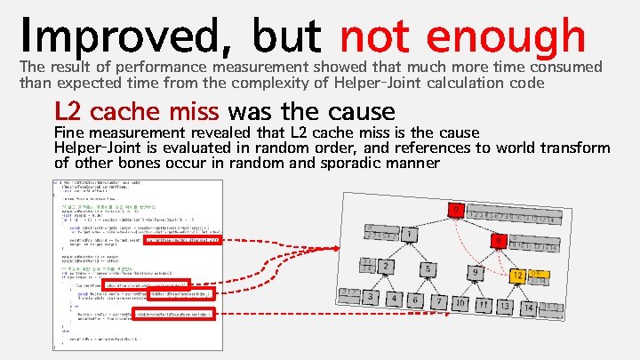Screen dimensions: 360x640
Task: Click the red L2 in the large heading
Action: (68, 112)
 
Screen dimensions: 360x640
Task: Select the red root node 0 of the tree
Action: (455, 212)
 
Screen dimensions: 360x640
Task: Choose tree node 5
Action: (428, 268)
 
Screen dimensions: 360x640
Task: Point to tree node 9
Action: (476, 272)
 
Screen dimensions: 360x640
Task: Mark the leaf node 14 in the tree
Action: (528, 307)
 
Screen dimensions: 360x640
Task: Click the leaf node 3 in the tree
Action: (370, 297)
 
